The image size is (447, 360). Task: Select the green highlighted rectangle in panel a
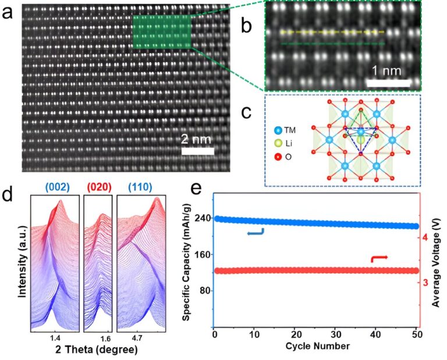click(161, 31)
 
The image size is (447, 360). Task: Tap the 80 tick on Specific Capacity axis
click(204, 291)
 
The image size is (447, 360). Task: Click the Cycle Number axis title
click(317, 347)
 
